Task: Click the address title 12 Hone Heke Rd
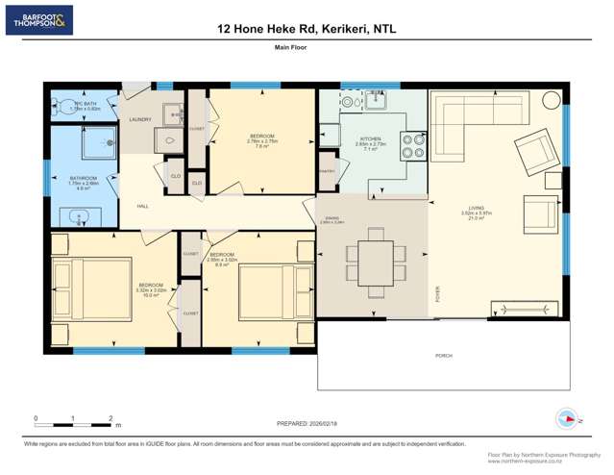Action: [307, 29]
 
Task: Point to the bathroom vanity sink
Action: [80, 216]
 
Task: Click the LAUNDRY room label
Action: [140, 119]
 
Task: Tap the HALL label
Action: [142, 207]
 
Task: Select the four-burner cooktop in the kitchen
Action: [413, 144]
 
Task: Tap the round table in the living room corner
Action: [551, 99]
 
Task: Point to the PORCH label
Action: [444, 356]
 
